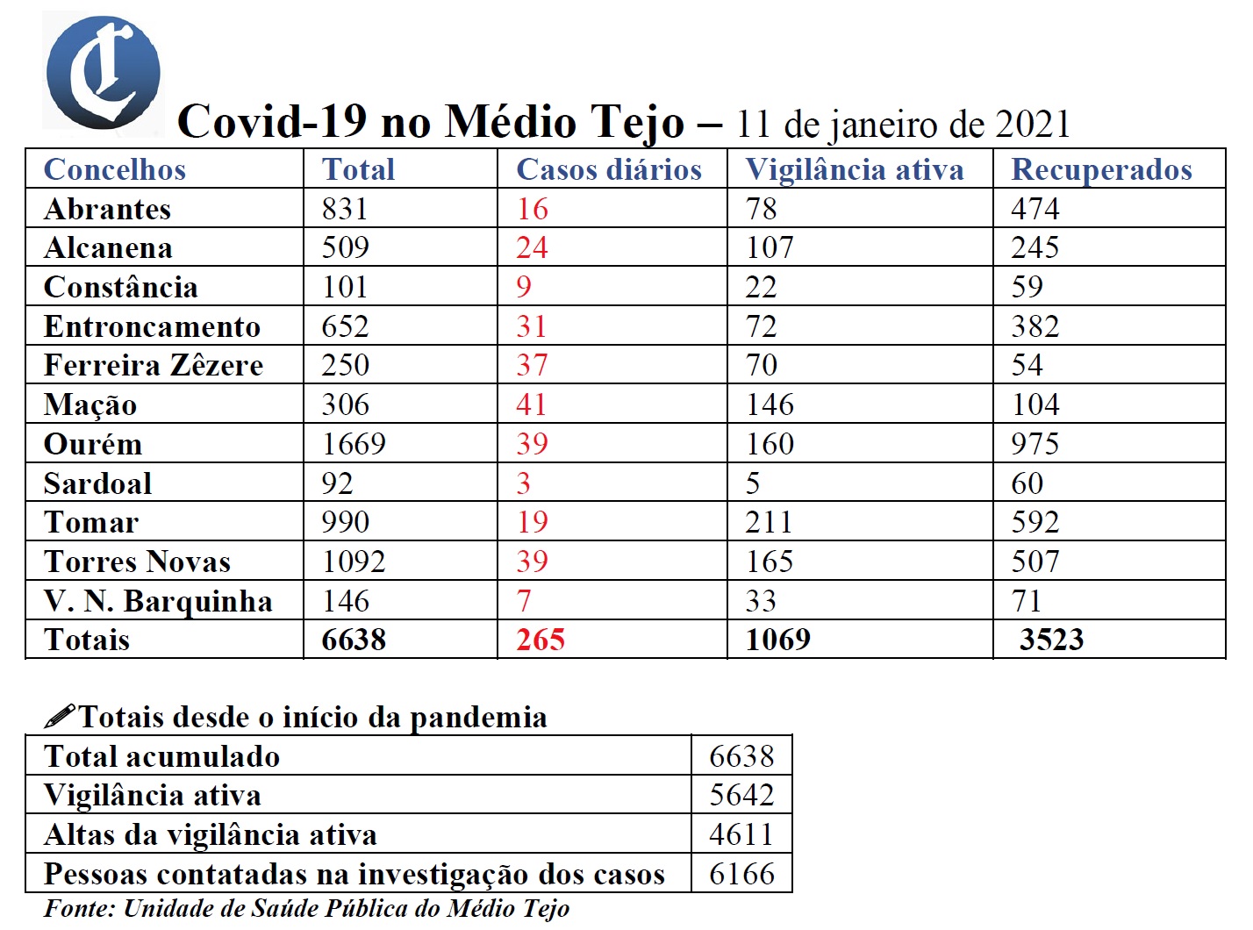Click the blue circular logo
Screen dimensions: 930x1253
(x=104, y=73)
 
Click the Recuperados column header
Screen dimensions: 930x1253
(x=1101, y=169)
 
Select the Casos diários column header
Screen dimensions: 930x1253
(x=609, y=169)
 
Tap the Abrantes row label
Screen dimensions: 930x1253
(x=107, y=209)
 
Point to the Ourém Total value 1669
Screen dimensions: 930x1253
(x=354, y=444)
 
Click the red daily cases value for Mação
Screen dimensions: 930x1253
(x=532, y=404)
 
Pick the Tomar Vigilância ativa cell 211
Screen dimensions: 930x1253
(x=769, y=522)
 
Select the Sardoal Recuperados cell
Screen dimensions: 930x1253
(x=1027, y=483)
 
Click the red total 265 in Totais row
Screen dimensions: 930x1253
(x=540, y=640)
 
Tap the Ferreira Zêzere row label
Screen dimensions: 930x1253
(x=154, y=365)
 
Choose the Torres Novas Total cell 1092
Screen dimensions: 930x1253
(x=354, y=562)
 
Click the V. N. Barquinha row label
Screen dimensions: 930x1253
(x=158, y=601)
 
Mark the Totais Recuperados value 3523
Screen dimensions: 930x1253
(x=1051, y=640)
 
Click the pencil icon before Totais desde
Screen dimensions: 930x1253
(x=60, y=717)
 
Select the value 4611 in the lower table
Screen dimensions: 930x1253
(x=741, y=834)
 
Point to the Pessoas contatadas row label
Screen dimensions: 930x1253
(x=354, y=874)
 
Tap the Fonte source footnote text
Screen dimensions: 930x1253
(x=306, y=908)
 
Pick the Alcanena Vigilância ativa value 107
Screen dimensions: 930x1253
(x=770, y=248)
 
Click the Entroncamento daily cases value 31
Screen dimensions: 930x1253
(x=532, y=326)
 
